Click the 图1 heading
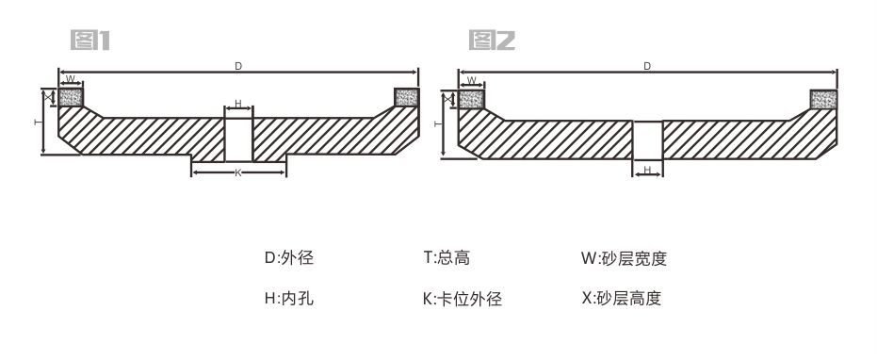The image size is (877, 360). (92, 41)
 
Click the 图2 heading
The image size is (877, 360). (491, 41)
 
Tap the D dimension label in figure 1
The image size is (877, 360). (238, 66)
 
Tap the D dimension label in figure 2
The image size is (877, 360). (647, 66)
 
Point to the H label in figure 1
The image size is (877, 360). (238, 104)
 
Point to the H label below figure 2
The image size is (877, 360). (647, 170)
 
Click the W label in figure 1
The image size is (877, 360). (71, 80)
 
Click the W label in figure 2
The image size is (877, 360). (470, 80)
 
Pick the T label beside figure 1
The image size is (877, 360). (37, 123)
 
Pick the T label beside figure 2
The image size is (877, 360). (436, 123)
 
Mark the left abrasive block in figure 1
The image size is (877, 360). (72, 96)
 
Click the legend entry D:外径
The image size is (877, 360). (295, 257)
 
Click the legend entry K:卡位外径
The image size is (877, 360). (462, 300)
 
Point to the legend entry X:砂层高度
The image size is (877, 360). (622, 299)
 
